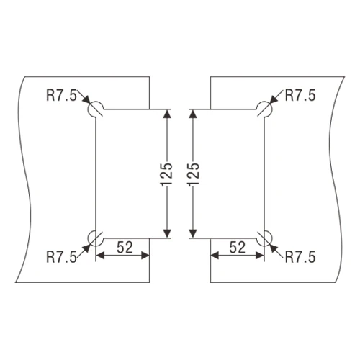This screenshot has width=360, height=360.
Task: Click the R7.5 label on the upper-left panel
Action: [61, 95]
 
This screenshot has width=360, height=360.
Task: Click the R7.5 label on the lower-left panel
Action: [61, 257]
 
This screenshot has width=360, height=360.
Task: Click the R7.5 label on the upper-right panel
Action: [300, 95]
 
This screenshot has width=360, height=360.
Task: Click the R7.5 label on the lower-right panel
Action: [300, 257]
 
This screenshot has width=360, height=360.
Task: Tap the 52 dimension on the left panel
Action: [125, 247]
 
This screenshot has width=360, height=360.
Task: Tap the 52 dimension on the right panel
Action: [238, 247]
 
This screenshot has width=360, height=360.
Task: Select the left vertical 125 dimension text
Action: [166, 174]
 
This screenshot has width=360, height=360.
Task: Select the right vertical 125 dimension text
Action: [194, 174]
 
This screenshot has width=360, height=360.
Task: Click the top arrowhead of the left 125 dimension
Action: [167, 114]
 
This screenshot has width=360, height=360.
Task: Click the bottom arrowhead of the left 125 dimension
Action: [167, 233]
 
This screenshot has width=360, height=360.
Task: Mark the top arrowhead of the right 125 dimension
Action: [193, 114]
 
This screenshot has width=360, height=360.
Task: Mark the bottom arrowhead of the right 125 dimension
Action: [193, 233]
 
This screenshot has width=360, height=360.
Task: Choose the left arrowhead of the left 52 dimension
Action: [100, 256]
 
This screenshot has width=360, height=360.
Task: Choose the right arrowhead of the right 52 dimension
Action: [260, 256]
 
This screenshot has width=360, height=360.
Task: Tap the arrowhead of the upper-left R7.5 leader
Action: [86, 99]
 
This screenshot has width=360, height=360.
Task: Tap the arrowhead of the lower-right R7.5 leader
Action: [274, 248]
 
